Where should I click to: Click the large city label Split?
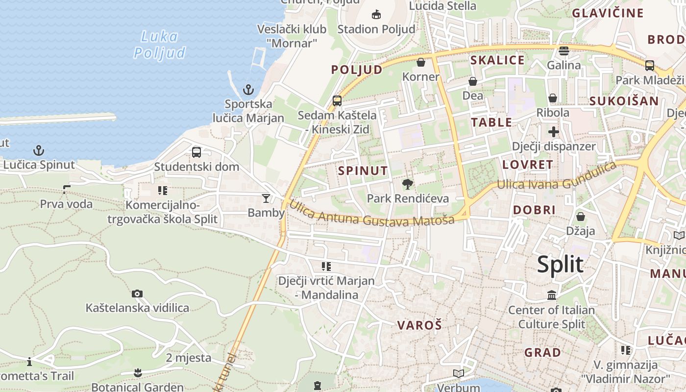coord(560,265)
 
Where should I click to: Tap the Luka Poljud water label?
coord(160,44)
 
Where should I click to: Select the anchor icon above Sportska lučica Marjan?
coord(248,90)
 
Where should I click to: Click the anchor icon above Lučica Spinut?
coord(38,150)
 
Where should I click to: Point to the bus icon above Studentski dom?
coord(196,152)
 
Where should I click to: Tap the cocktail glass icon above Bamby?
coord(266,198)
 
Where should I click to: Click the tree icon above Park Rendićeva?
coord(407,184)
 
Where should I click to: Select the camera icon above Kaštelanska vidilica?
coord(137,294)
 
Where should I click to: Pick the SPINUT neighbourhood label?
coord(363,171)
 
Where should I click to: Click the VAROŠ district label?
coord(419,325)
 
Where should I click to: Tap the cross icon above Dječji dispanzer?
coord(554,131)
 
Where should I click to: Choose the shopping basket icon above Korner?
coord(420,62)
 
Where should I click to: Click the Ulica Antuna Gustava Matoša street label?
coord(371,213)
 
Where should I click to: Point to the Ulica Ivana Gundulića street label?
coord(556,177)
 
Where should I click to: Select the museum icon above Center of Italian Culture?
coord(552,295)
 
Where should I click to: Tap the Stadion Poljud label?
coord(376,29)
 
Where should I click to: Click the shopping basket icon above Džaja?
coord(581,216)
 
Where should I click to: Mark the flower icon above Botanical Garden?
coord(138,373)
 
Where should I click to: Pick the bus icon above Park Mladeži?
coord(650,65)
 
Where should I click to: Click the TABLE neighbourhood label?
coord(491,122)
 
